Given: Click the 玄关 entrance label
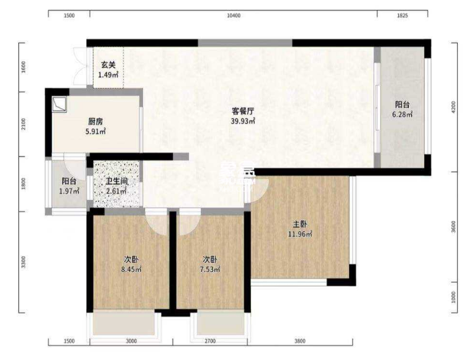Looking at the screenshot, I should coord(108,65).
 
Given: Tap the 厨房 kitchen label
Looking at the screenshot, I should coord(96,122).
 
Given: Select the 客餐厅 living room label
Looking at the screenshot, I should coord(243,111).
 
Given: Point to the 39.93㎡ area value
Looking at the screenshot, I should coord(243,121).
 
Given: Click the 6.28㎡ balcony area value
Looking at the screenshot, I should coord(403,114).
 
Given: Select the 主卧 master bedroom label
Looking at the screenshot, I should coord(300,224).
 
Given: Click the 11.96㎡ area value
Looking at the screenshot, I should coord(300,234).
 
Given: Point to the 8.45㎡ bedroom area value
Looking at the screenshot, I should coord(131,270).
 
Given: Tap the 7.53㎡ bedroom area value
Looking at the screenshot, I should coord(210,270).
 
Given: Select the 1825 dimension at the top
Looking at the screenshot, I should coord(402,16).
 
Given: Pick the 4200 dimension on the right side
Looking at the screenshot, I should coord(453,107).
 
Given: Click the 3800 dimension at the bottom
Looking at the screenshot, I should coord(300,341).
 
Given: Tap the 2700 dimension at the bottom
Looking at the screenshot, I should coord(210,341).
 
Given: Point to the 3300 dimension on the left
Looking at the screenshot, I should coord(23,261).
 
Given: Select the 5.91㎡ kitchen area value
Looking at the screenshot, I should coord(96,132).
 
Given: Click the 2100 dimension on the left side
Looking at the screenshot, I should coord(23,124).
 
